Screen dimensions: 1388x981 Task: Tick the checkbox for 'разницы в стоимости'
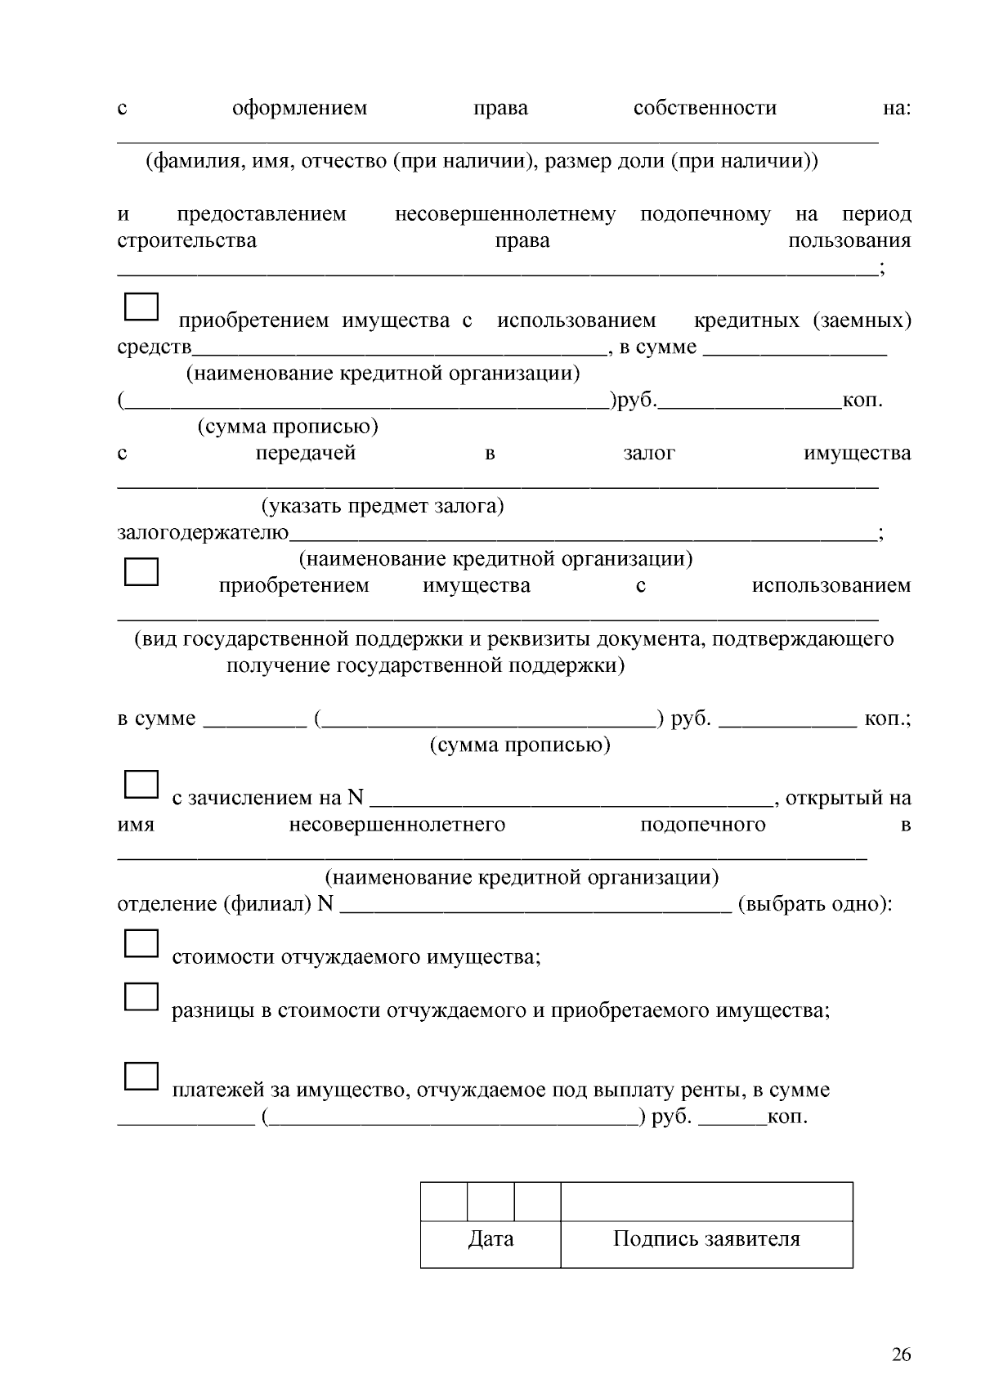(x=141, y=996)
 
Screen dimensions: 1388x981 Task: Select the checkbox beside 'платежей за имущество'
(x=141, y=1076)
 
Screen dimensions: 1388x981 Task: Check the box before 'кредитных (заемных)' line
(x=141, y=307)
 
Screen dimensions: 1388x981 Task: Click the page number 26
(x=901, y=1355)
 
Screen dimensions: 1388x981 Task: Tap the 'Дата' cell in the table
(x=490, y=1239)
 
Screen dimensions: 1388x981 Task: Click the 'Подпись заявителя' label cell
(x=706, y=1239)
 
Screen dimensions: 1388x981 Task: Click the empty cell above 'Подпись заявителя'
(x=706, y=1202)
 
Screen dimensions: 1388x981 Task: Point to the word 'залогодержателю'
(x=203, y=534)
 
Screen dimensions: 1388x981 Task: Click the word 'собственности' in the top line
(x=705, y=108)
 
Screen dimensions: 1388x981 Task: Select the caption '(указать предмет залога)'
(x=383, y=507)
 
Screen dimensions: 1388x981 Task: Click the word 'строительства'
(x=186, y=241)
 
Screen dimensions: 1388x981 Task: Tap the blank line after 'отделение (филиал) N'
(x=535, y=906)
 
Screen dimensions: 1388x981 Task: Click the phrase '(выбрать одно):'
(x=814, y=905)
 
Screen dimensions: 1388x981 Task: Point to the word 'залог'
(x=649, y=454)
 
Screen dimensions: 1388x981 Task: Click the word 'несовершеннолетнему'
(x=505, y=214)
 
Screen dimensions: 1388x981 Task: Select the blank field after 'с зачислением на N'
(x=572, y=799)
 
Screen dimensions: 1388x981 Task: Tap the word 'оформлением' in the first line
(x=299, y=108)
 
